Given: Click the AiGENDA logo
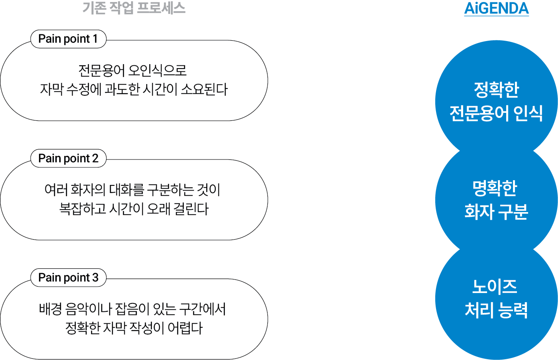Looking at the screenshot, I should [496, 8].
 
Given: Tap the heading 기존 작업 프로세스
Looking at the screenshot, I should [134, 8].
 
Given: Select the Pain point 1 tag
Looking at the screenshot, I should [68, 39].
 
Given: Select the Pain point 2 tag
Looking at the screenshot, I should [68, 158].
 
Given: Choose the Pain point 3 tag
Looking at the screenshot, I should [68, 277].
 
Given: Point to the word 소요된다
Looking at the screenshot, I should [204, 89].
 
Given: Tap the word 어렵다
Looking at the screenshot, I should [185, 328].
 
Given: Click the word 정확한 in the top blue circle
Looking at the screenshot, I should [496, 90].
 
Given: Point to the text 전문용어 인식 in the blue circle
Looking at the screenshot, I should [496, 113].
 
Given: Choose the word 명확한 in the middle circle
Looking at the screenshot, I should [495, 188].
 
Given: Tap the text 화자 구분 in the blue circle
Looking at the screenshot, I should [496, 212].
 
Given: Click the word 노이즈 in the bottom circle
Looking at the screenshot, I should [495, 287].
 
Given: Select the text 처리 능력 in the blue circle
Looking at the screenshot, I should [496, 310].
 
